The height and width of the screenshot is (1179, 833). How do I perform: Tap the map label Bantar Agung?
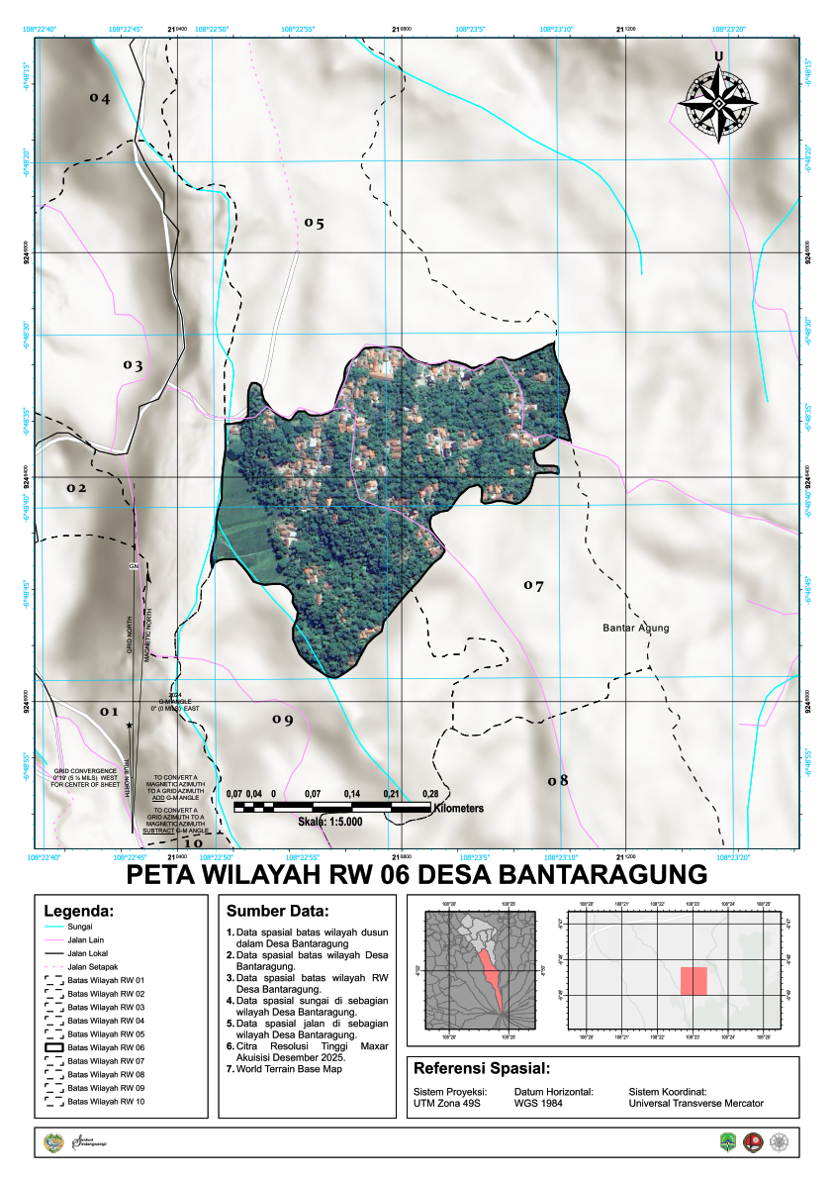click(636, 628)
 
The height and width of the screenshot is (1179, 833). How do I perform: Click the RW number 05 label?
click(314, 223)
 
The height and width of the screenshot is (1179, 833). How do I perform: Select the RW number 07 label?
click(534, 586)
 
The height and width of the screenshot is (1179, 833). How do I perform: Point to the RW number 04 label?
click(99, 98)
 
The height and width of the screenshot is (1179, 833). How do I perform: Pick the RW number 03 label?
click(134, 365)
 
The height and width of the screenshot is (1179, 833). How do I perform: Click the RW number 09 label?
click(283, 720)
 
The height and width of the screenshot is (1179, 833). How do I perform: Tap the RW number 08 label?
click(558, 780)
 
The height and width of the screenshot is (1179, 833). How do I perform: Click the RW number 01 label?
click(108, 712)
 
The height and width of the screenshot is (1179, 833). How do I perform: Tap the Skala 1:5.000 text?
click(330, 822)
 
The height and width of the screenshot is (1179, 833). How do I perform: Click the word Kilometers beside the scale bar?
click(457, 808)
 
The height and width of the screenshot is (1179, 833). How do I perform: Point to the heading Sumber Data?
click(276, 911)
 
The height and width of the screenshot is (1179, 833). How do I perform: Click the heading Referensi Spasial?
click(481, 1068)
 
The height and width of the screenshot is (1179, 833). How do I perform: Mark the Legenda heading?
click(79, 911)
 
